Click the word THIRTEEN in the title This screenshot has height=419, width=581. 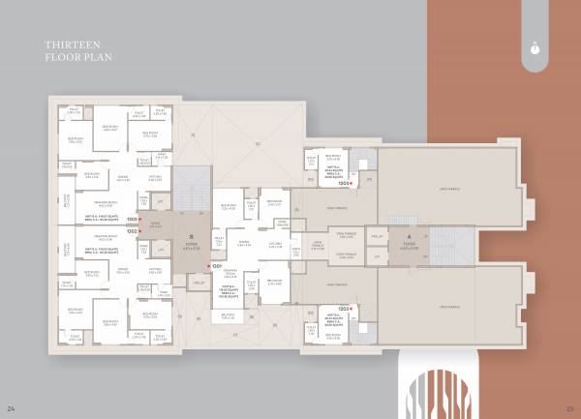pyautogui.click(x=65, y=45)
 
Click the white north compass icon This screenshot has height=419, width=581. pyautogui.click(x=535, y=44)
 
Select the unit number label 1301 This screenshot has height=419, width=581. pyautogui.click(x=218, y=265)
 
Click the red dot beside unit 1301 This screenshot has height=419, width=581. pyautogui.click(x=208, y=265)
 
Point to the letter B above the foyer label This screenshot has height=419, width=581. pyautogui.click(x=191, y=236)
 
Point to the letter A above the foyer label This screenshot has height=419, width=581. pyautogui.click(x=409, y=236)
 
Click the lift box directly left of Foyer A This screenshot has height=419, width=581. pyautogui.click(x=378, y=236)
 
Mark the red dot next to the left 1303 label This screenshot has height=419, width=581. pyautogui.click(x=141, y=221)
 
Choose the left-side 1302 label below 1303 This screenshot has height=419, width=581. pyautogui.click(x=130, y=231)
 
